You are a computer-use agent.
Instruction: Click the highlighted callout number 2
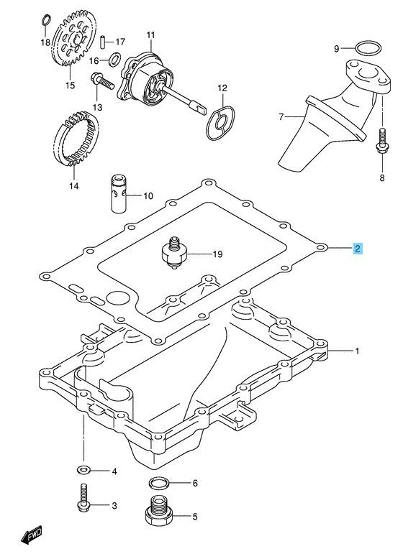point(358,249)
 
